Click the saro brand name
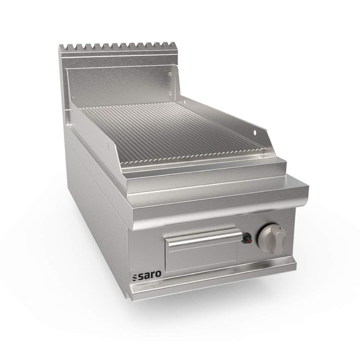[x=150, y=275]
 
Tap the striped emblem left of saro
[x=135, y=277]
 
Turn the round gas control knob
[x=272, y=238]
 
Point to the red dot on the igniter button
[x=250, y=241]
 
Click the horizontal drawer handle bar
[x=205, y=237]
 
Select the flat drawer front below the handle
[x=201, y=258]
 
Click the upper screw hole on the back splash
[x=170, y=74]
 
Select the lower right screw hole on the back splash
[x=170, y=93]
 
